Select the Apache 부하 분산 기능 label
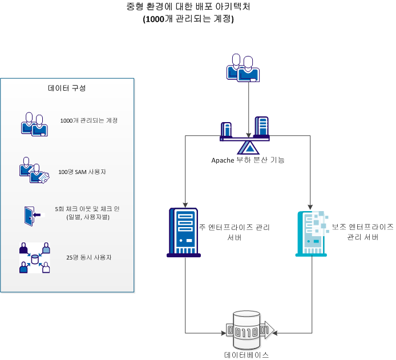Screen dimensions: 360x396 248,160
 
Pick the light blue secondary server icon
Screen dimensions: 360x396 310,233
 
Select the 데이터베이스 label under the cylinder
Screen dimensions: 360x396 247,354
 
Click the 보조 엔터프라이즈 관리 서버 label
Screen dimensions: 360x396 362,232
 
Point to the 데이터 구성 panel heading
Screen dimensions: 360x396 67,88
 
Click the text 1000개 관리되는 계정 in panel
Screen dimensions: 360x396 88,120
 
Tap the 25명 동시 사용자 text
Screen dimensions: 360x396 88,257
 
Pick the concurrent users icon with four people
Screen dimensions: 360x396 34,258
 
